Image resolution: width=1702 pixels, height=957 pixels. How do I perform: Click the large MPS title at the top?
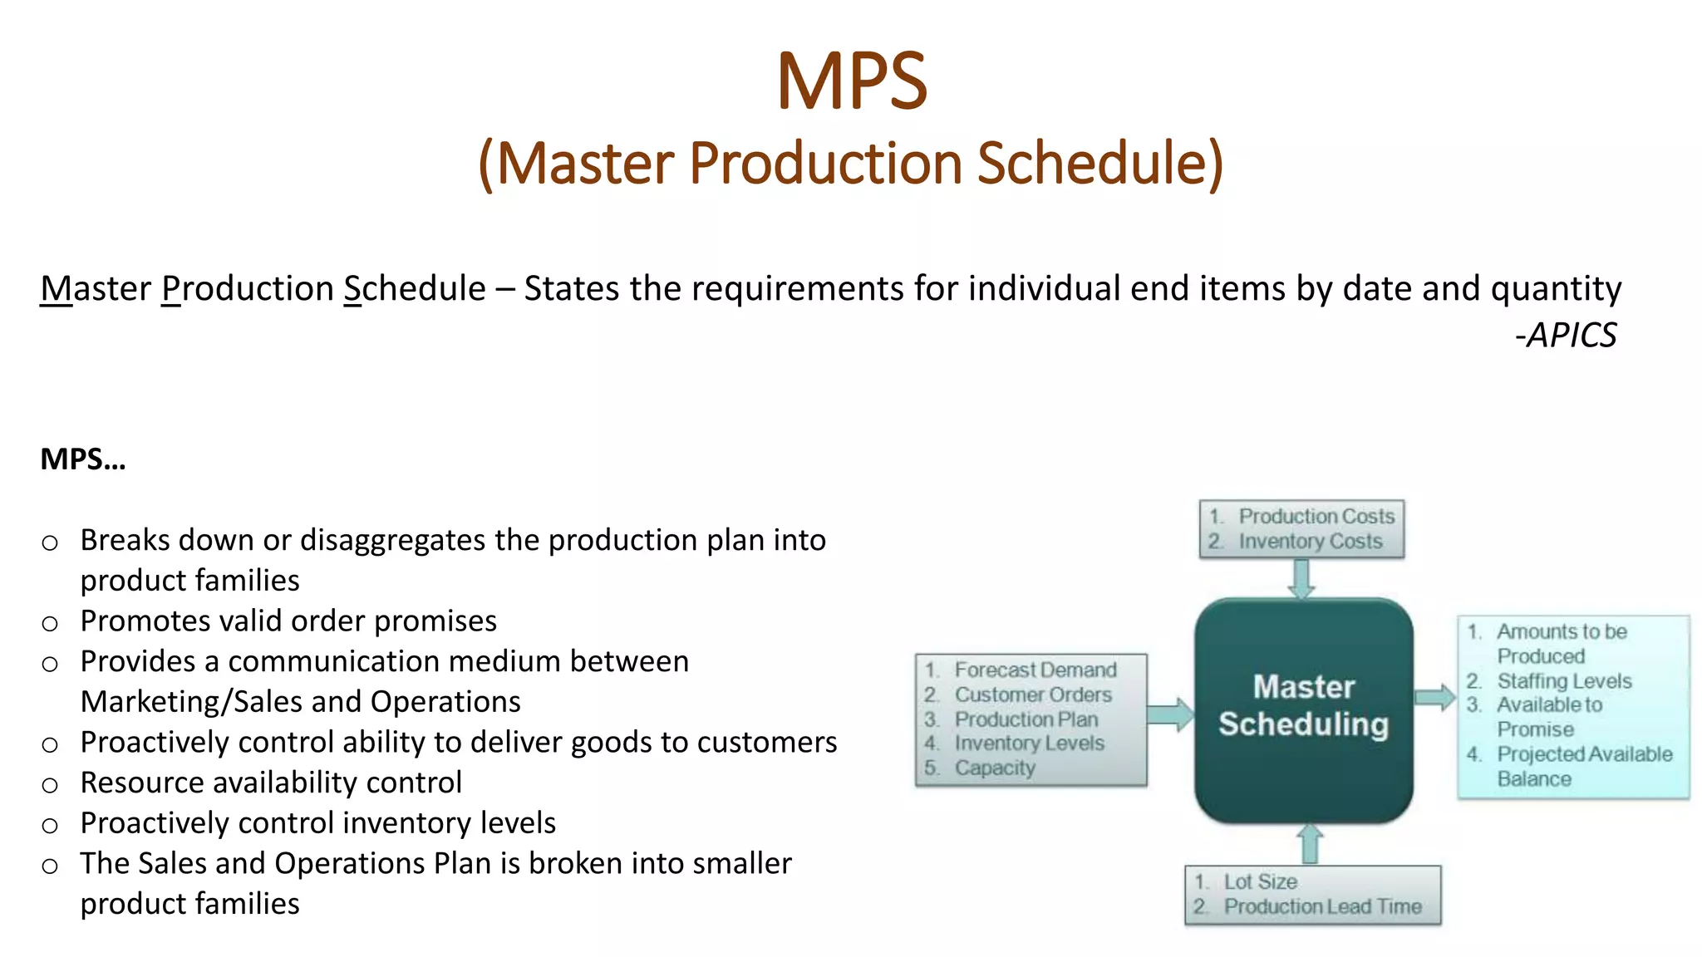(851, 81)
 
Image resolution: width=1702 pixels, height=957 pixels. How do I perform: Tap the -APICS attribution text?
(1566, 336)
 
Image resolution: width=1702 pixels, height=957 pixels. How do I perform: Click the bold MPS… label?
(83, 459)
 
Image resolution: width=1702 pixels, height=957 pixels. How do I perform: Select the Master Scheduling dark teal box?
(1303, 710)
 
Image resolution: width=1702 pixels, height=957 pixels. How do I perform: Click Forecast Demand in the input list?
(1035, 670)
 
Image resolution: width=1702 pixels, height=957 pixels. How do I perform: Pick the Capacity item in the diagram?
(994, 768)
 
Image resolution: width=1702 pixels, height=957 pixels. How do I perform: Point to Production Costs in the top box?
(1316, 516)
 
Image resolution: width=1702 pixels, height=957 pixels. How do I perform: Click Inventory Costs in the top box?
(1310, 542)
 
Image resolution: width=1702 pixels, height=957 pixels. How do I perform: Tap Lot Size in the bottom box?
(1259, 881)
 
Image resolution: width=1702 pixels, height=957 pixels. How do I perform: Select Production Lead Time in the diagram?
(1322, 906)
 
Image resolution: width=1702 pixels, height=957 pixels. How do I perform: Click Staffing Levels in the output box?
(1563, 681)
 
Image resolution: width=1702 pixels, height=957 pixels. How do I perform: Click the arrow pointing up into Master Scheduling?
(1310, 843)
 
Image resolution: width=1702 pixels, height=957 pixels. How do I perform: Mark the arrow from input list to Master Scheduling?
(1170, 714)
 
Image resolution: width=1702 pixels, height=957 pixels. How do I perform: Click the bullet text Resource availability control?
(271, 783)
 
